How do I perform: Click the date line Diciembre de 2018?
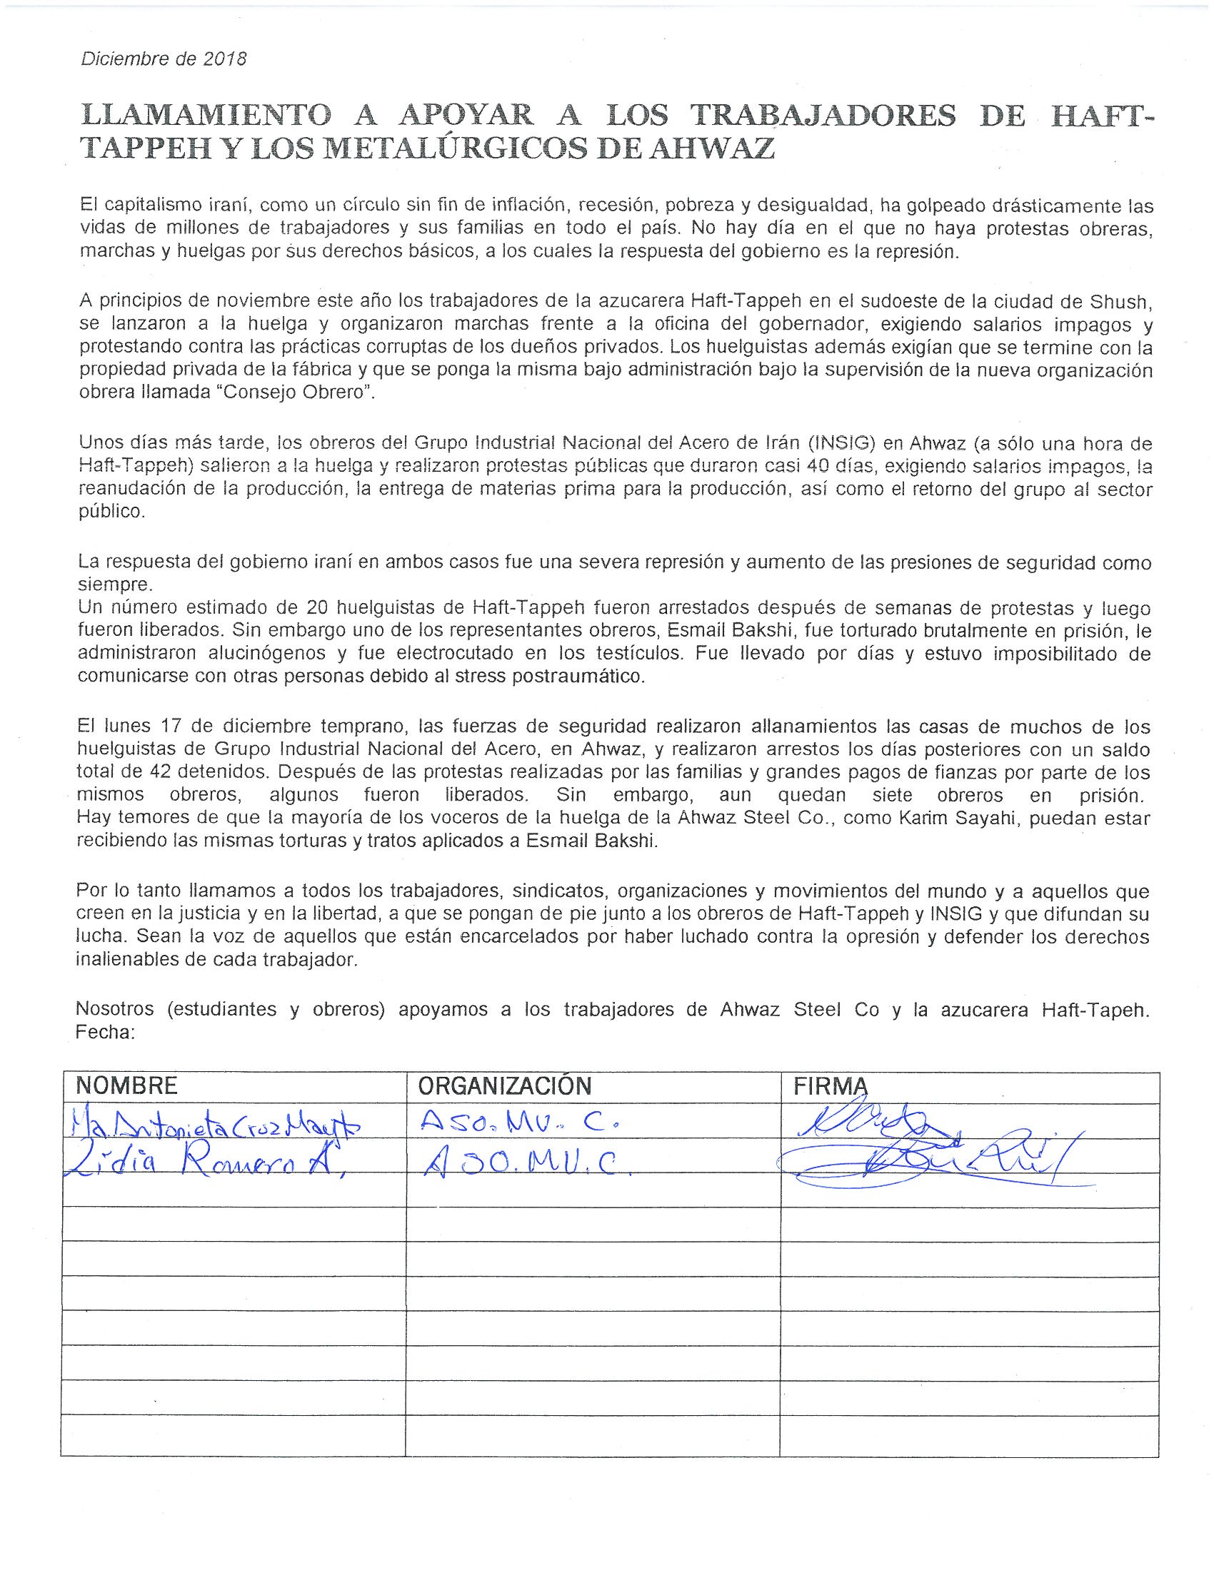[164, 59]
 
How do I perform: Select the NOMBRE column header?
[126, 1085]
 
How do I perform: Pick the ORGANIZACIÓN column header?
[505, 1085]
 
